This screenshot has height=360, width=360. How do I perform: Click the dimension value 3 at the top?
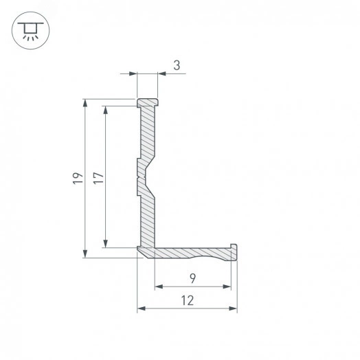click(177, 66)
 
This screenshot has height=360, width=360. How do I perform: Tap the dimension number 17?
click(99, 177)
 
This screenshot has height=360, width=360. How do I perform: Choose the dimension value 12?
click(187, 300)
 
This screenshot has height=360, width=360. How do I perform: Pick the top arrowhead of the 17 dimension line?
click(106, 110)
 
